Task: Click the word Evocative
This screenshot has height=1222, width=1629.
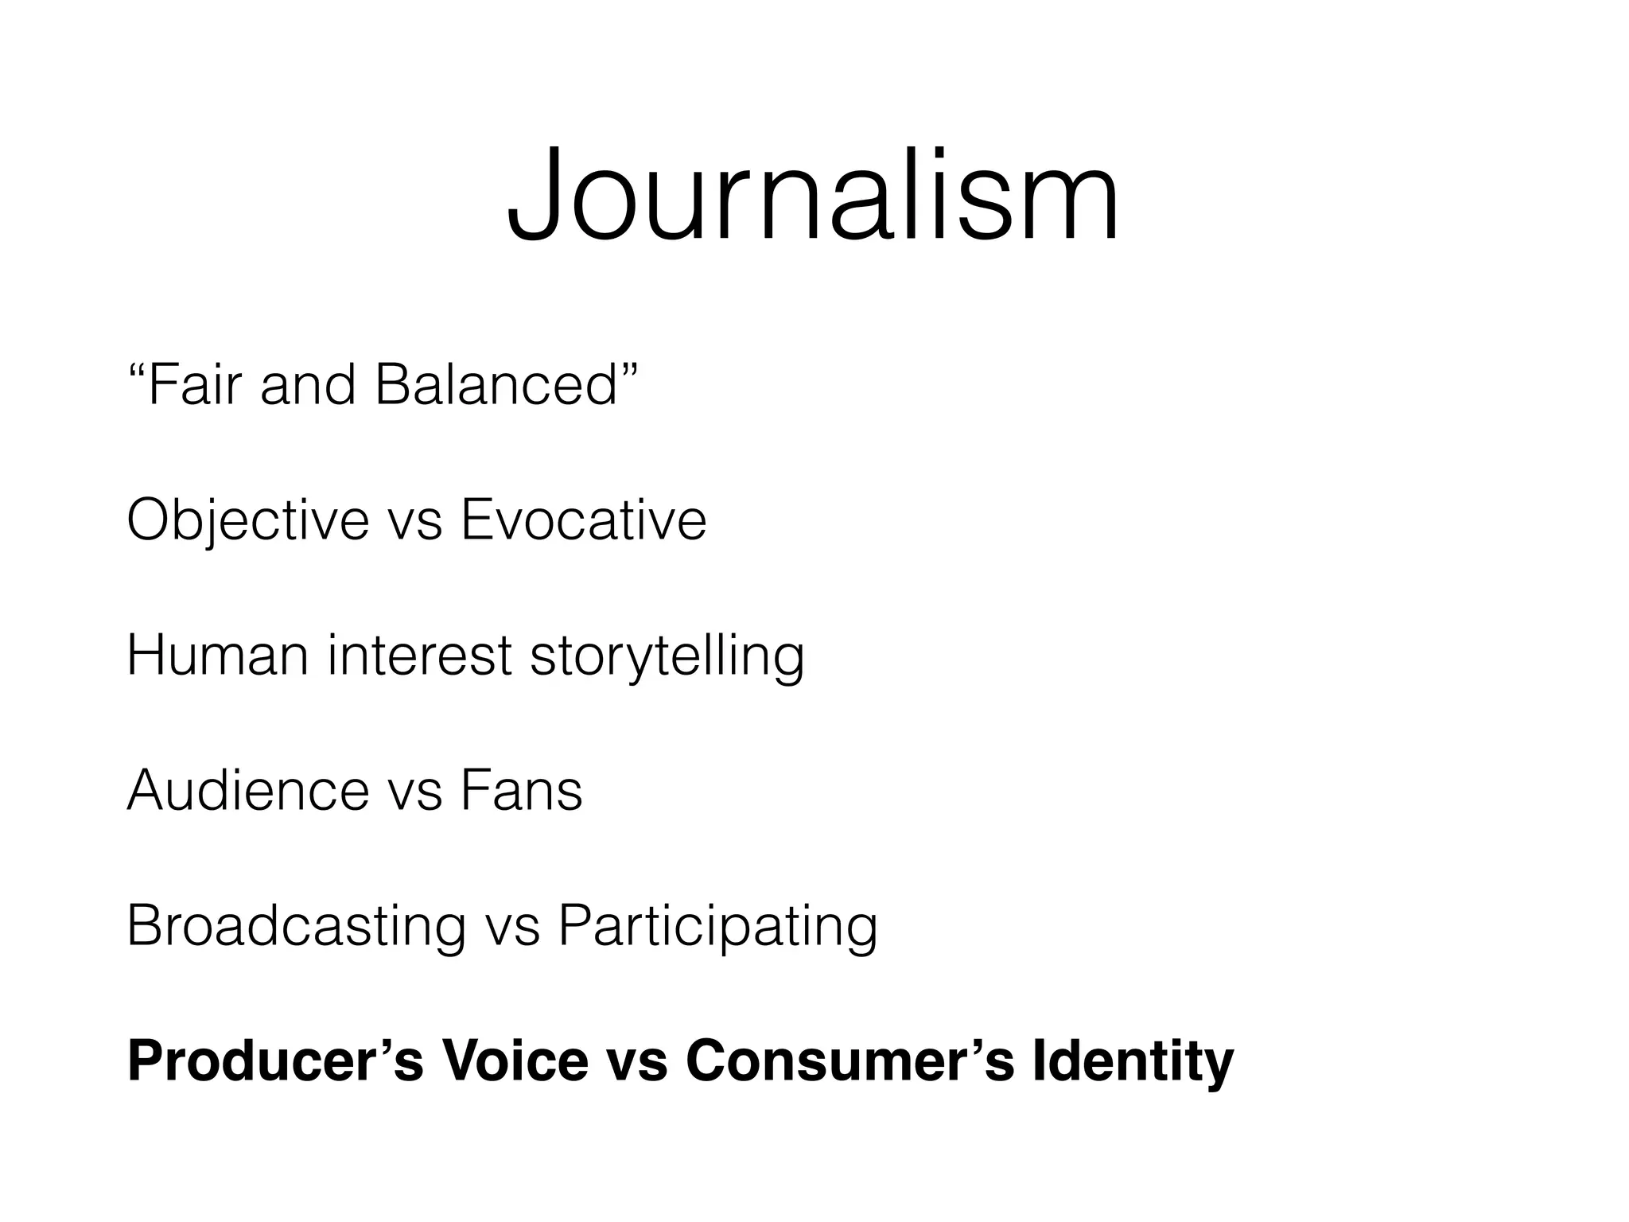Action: click(x=583, y=520)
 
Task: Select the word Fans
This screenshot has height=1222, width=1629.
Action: click(x=521, y=790)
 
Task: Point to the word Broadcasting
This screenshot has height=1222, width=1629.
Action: click(x=296, y=926)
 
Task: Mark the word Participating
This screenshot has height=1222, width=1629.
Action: click(x=717, y=926)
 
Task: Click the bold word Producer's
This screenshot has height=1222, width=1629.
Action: click(x=275, y=1060)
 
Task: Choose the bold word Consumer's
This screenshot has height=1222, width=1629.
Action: click(x=850, y=1060)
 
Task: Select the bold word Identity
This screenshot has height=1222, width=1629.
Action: click(x=1133, y=1062)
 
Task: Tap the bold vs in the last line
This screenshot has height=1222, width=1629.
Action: click(x=637, y=1062)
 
